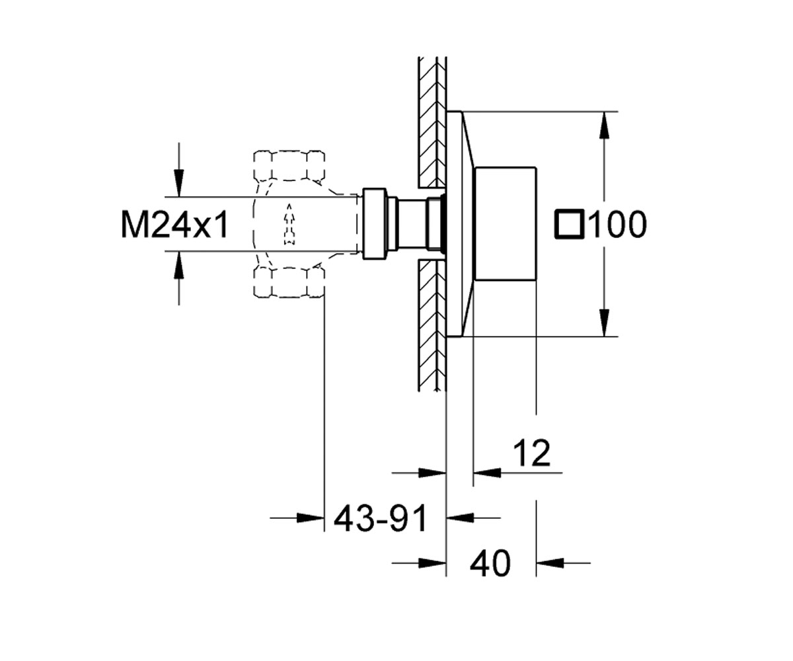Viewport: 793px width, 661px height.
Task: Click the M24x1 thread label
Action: click(x=174, y=225)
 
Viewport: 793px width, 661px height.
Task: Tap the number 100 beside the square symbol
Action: click(x=619, y=225)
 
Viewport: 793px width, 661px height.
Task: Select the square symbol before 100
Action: click(x=570, y=224)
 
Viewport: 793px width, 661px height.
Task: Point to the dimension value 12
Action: click(x=531, y=453)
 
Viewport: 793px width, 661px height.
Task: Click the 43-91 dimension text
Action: click(x=381, y=518)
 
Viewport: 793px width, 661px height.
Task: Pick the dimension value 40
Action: click(x=490, y=563)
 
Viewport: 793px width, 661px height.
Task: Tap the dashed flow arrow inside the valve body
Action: click(x=289, y=224)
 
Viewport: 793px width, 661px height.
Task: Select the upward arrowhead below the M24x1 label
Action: click(x=179, y=265)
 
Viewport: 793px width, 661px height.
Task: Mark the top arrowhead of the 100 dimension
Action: click(x=604, y=126)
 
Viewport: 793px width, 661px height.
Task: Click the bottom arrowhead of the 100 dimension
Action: click(x=604, y=323)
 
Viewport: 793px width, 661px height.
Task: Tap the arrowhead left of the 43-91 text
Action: click(x=310, y=518)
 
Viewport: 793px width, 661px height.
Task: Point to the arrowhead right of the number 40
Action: click(x=550, y=563)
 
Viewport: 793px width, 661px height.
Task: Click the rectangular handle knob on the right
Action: click(x=506, y=224)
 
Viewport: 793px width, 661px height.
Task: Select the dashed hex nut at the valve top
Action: click(x=289, y=166)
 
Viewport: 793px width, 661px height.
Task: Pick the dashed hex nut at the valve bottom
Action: click(x=289, y=282)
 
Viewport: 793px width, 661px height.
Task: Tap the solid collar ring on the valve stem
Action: click(x=374, y=224)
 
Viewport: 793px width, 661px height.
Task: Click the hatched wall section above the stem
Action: click(x=432, y=122)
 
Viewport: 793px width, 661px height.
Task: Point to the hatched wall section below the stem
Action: click(x=432, y=325)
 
